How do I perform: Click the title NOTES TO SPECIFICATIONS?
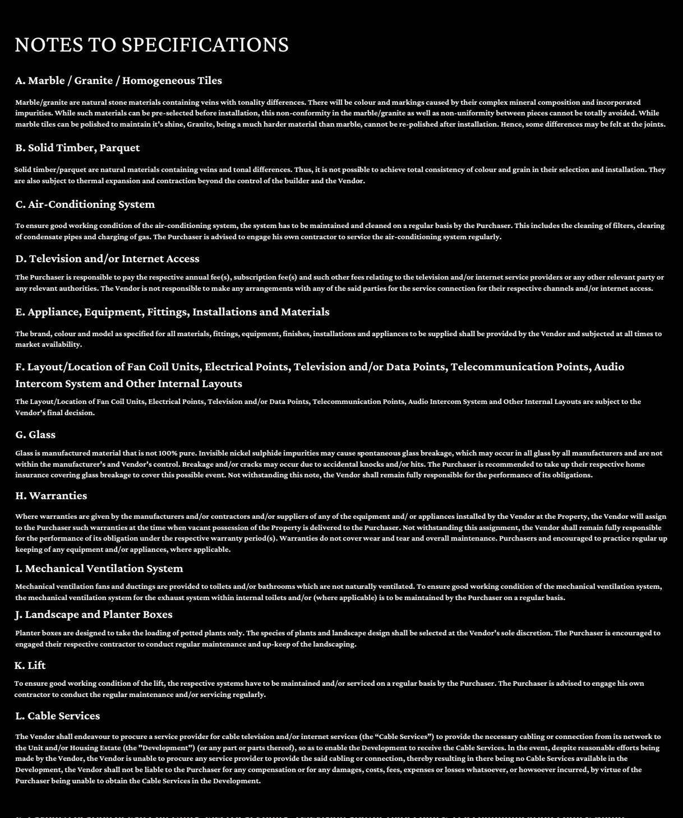click(151, 45)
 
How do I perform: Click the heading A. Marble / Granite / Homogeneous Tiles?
click(118, 81)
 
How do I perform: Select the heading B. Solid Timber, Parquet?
click(77, 148)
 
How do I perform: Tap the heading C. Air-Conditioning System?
click(85, 204)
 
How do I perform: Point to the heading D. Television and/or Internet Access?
click(107, 259)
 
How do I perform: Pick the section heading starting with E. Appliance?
click(172, 312)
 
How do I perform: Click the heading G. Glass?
click(35, 435)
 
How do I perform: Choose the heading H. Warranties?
click(51, 496)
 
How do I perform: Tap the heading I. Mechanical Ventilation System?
click(99, 569)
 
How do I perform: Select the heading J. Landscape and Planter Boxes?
click(94, 615)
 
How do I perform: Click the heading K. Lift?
click(30, 666)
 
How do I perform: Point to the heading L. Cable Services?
click(57, 716)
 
